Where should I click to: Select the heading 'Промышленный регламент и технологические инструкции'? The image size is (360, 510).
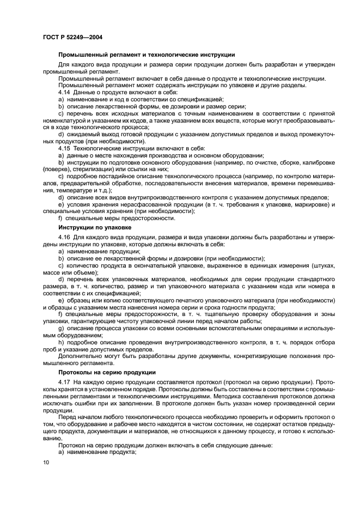point(147,54)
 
